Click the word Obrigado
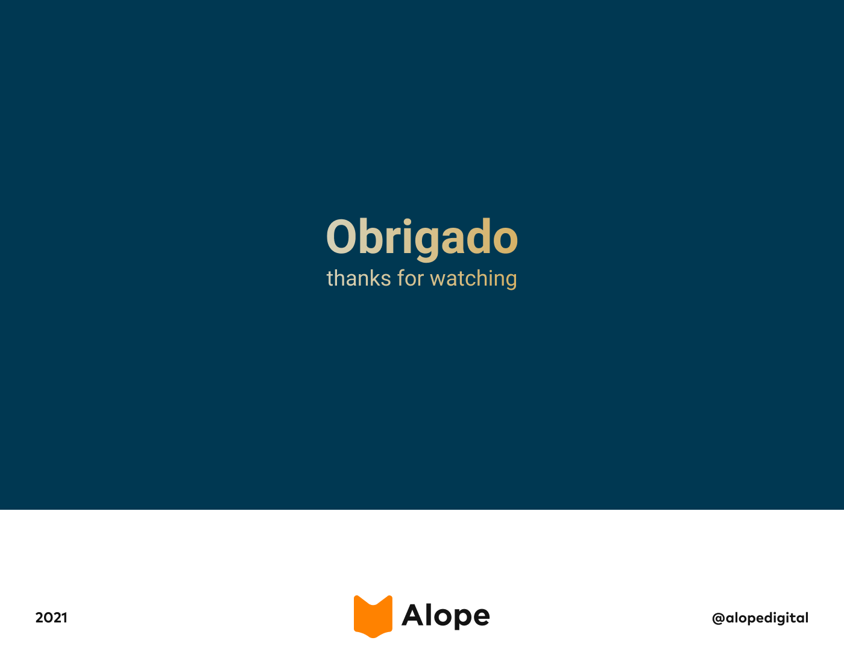click(x=422, y=238)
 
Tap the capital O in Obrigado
click(x=341, y=236)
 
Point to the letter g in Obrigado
click(x=427, y=243)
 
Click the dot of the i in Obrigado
click(x=407, y=222)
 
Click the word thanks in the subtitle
click(x=359, y=278)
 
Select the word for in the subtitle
click(x=410, y=278)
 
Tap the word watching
click(x=473, y=279)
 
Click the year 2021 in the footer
click(x=51, y=618)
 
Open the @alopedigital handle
click(x=760, y=618)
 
